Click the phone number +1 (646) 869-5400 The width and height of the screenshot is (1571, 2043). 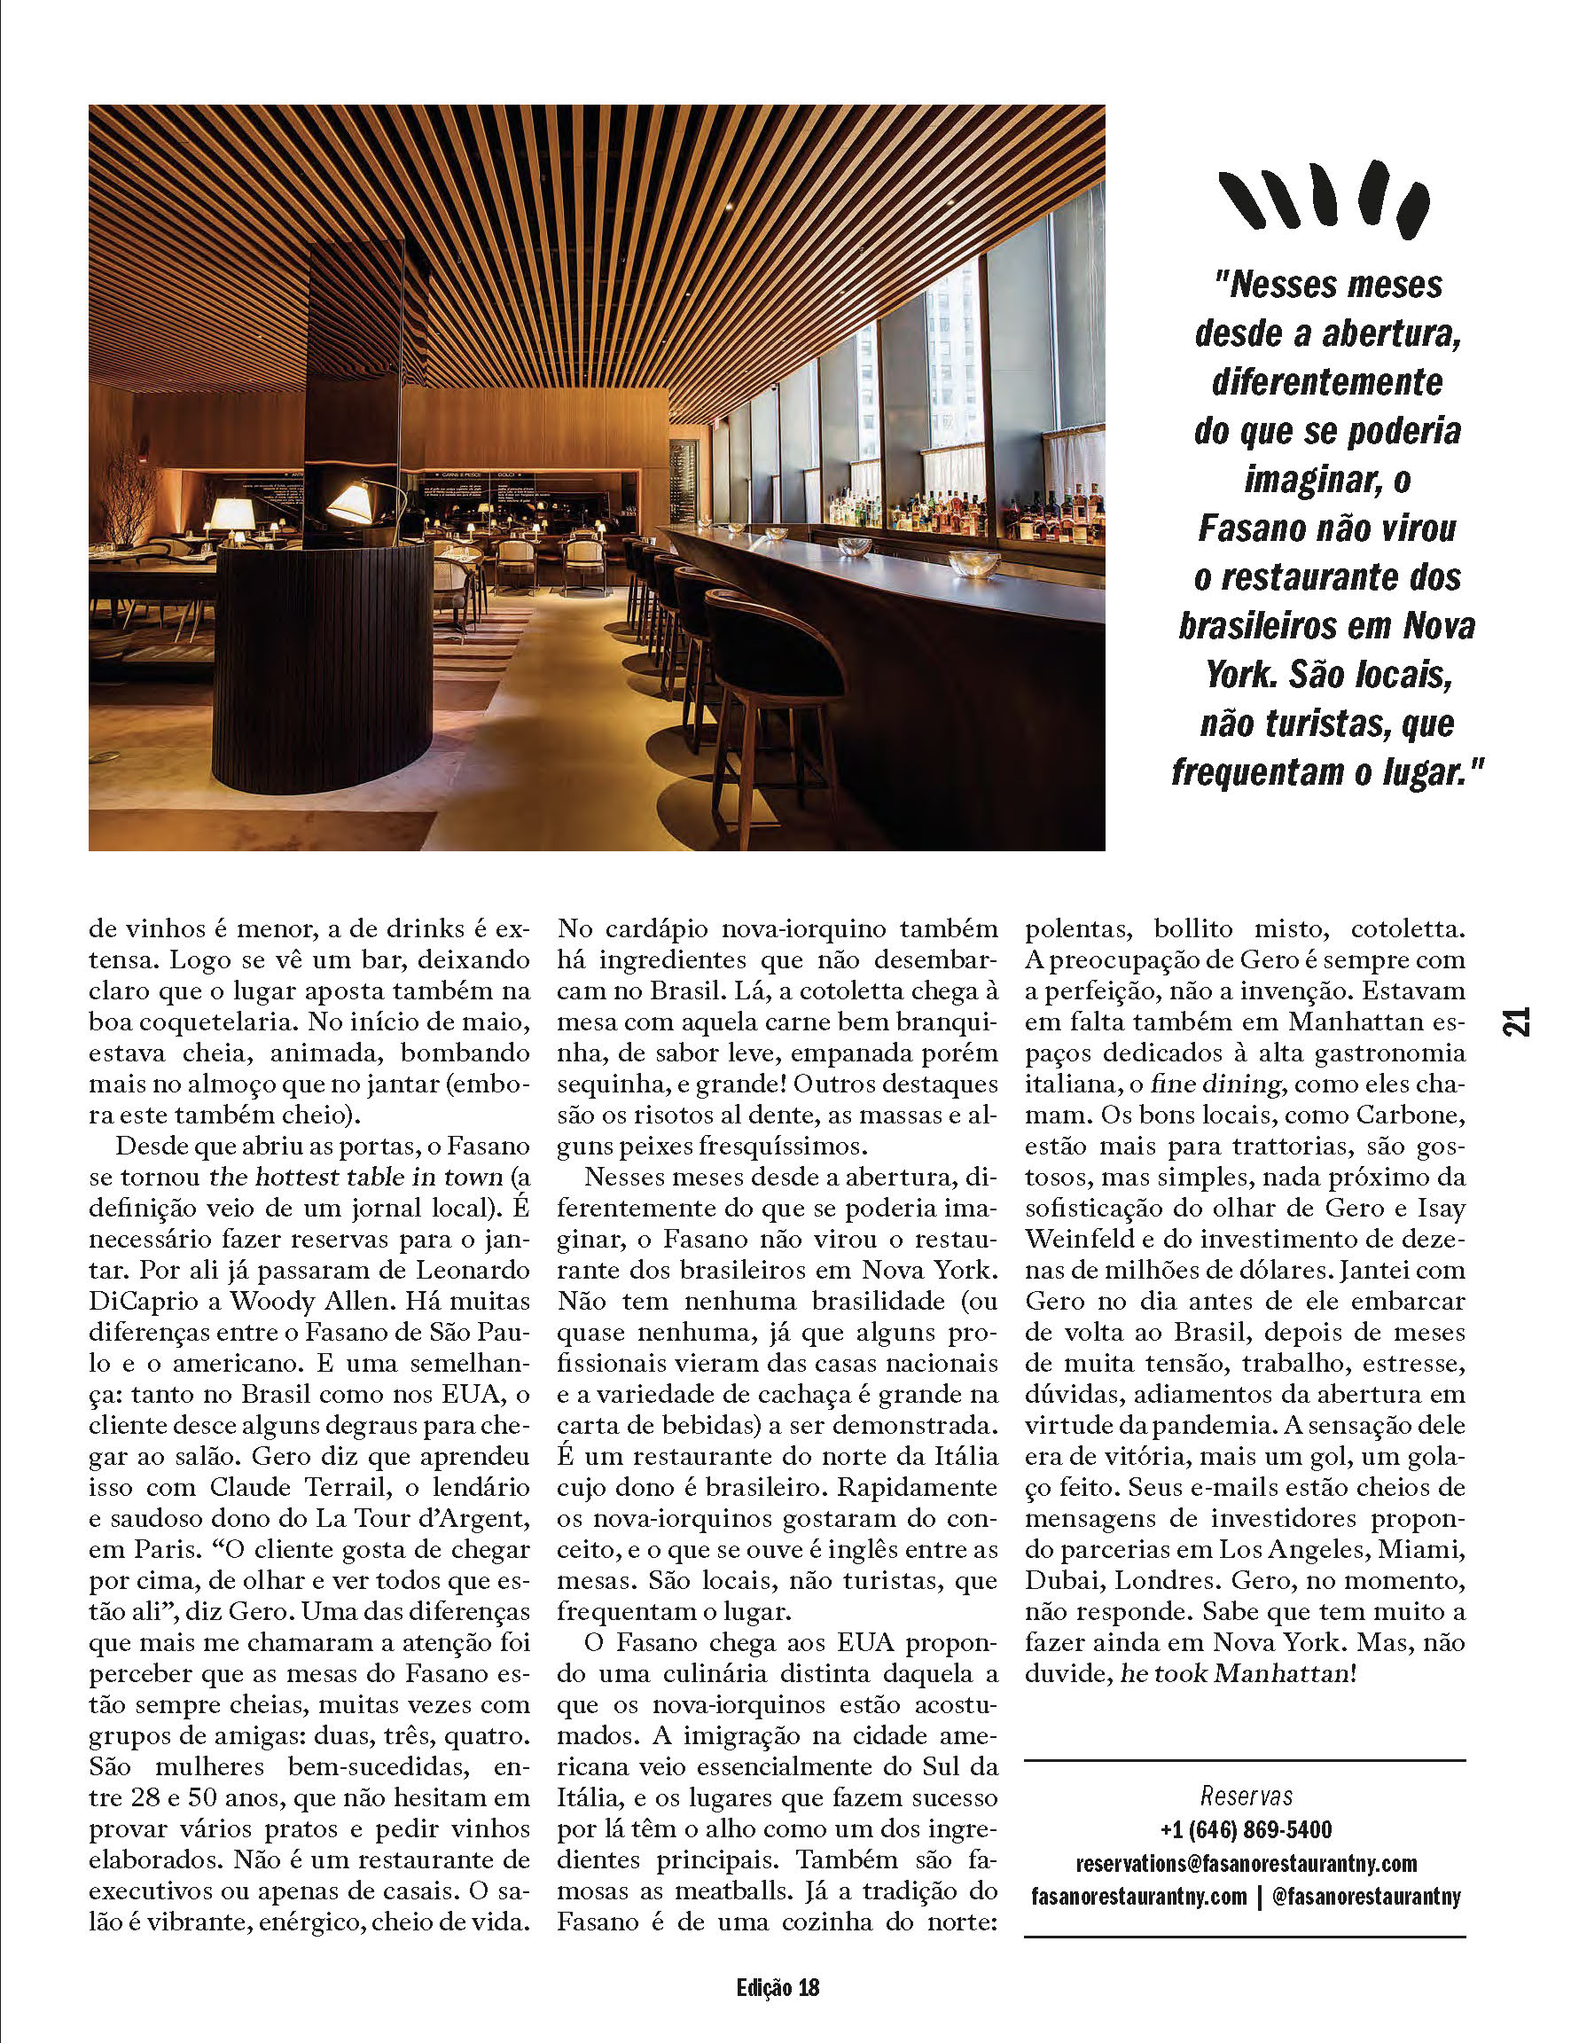tap(1245, 1830)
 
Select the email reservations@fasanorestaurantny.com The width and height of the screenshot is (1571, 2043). tap(1246, 1864)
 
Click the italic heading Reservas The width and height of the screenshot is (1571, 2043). tap(1246, 1796)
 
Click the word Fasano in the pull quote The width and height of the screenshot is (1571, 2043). tap(1250, 529)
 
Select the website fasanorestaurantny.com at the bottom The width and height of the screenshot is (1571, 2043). tap(1138, 1896)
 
